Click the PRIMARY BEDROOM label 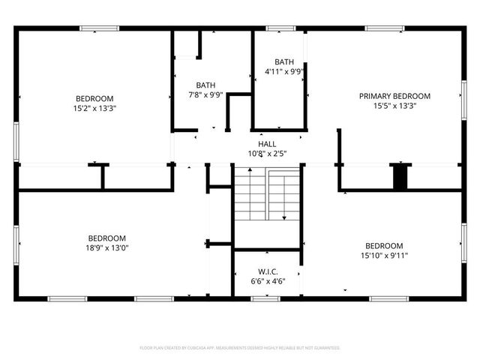pos(394,96)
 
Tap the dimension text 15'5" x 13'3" pos(394,106)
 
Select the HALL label pos(267,144)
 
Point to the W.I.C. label pos(268,271)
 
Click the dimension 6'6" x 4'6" pos(268,281)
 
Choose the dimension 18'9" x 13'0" pos(106,247)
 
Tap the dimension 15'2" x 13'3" pos(94,108)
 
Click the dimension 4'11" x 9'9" pos(284,72)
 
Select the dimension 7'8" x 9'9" pos(205,95)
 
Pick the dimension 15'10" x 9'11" pos(384,255)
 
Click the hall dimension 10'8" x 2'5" pos(267,154)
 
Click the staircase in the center pos(266,195)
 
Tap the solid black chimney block pos(401,177)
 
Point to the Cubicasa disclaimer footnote pos(240,348)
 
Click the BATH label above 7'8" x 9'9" pos(205,85)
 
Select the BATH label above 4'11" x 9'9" pos(284,62)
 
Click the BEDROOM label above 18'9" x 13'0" pos(106,238)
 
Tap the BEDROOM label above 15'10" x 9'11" pos(384,245)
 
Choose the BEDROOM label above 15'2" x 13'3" pos(94,98)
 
